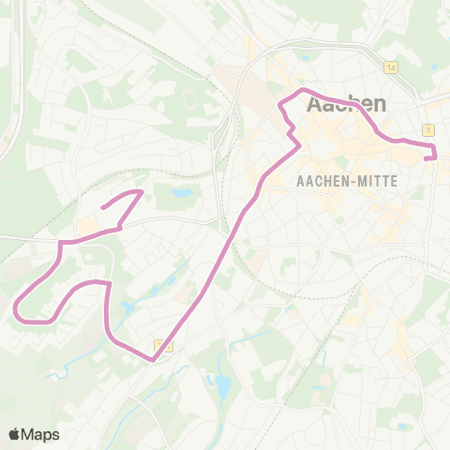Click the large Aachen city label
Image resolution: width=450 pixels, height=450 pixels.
point(347,101)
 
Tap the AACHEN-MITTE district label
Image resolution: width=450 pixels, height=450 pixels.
point(346,180)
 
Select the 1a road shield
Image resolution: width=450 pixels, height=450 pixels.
point(391,67)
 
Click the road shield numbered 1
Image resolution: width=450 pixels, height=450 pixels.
point(427,129)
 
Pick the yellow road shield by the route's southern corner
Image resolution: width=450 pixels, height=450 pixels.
point(164,346)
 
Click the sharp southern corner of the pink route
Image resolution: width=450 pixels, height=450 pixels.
point(153,359)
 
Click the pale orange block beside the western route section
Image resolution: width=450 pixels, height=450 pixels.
point(87,226)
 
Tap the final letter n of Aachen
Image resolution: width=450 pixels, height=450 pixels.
point(379,101)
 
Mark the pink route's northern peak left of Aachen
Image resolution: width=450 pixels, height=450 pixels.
point(304,90)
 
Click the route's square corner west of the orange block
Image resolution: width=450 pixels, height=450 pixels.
point(62,243)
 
